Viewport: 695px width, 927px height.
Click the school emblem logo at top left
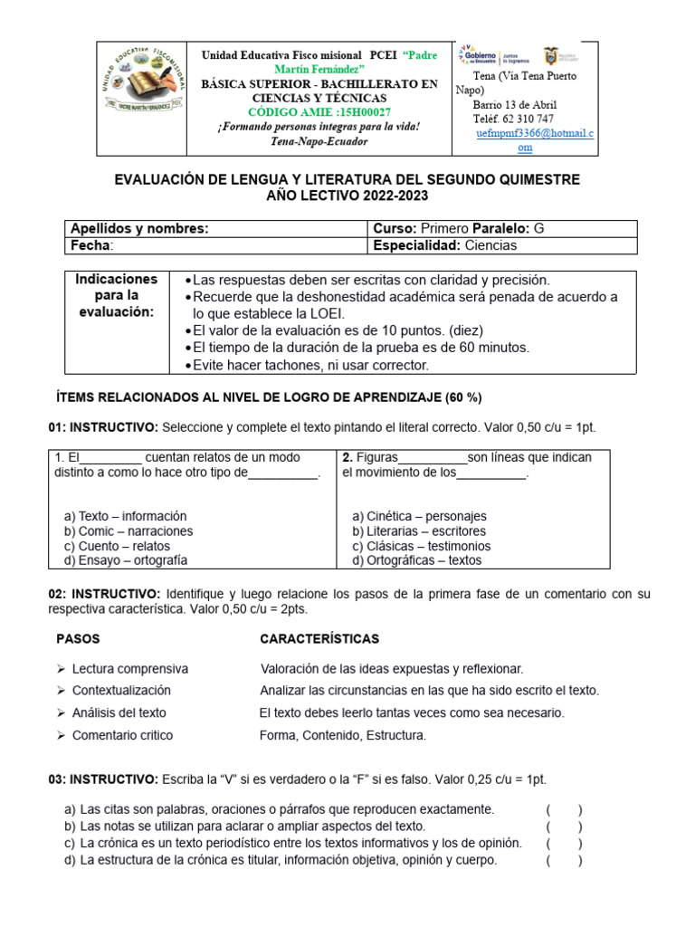(x=140, y=88)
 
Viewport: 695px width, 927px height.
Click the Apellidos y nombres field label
(x=139, y=229)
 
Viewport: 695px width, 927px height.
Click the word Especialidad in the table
(x=416, y=245)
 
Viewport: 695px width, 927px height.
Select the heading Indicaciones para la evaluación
(x=116, y=295)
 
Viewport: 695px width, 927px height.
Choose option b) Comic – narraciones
(x=129, y=531)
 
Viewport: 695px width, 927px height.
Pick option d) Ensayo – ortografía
(x=126, y=560)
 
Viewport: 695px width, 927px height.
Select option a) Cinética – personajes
(x=419, y=516)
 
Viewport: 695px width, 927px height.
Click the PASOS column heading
(x=79, y=639)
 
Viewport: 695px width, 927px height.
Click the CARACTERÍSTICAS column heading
(x=319, y=639)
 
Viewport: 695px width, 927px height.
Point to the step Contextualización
(x=121, y=691)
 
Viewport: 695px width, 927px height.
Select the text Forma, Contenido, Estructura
(x=342, y=735)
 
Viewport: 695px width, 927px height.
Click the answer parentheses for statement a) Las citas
(x=564, y=810)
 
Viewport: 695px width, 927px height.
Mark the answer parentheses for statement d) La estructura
(x=564, y=861)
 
